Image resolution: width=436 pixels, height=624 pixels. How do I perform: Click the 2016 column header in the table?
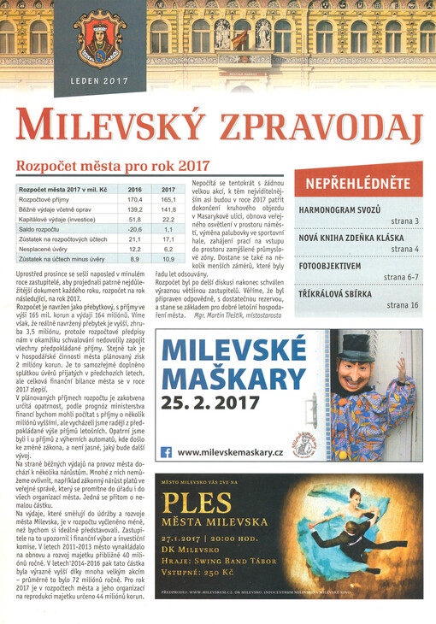pyautogui.click(x=135, y=188)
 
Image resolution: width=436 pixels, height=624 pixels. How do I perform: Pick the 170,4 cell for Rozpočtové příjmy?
pyautogui.click(x=135, y=198)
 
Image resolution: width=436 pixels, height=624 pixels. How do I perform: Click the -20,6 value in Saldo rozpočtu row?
pyautogui.click(x=135, y=229)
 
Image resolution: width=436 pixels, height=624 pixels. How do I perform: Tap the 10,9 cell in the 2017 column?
pyautogui.click(x=168, y=258)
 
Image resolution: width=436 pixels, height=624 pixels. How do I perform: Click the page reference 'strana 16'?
pyautogui.click(x=402, y=304)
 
